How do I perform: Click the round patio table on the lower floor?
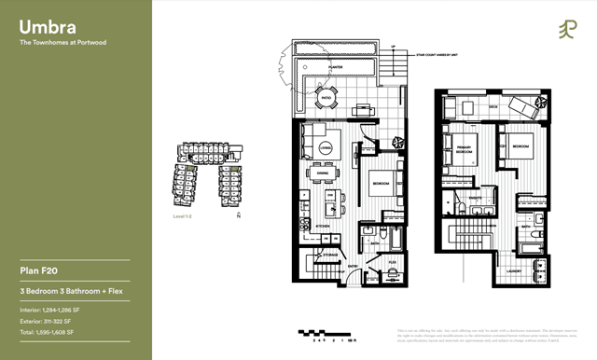(x=326, y=96)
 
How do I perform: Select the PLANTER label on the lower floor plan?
(x=334, y=67)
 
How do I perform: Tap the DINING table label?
(x=322, y=173)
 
